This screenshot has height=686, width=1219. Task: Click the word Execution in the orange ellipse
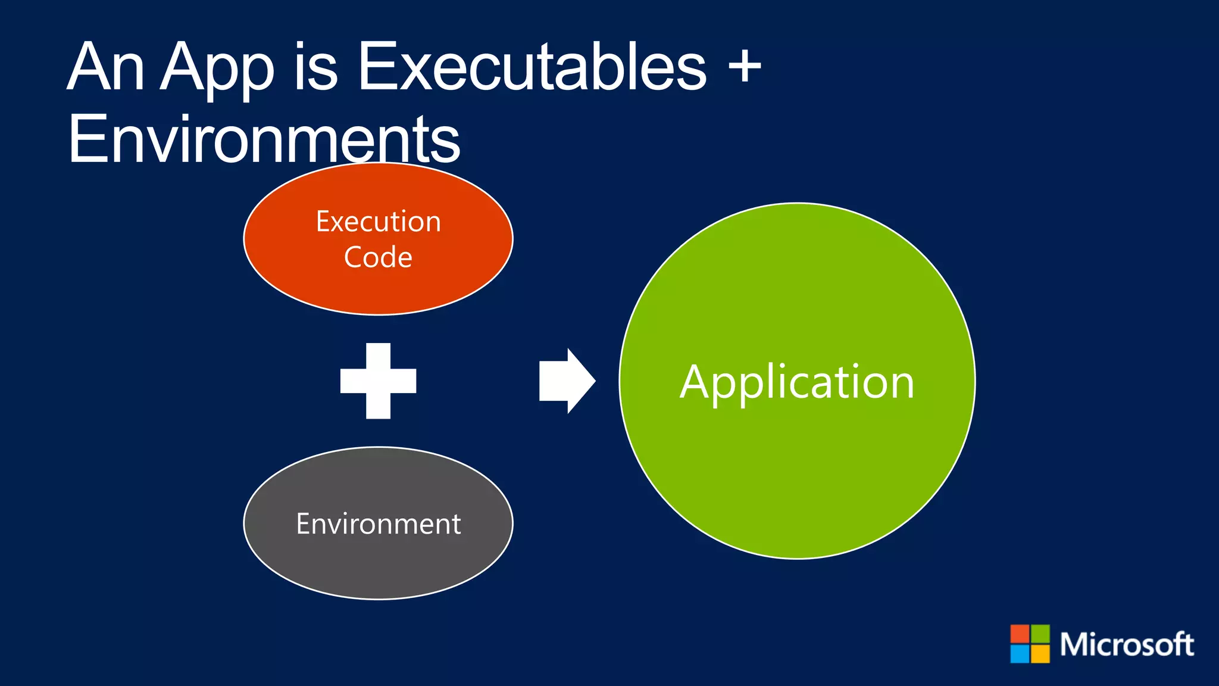coord(379,222)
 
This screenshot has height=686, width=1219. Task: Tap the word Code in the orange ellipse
coord(378,257)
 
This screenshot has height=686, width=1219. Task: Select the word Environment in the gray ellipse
coord(379,524)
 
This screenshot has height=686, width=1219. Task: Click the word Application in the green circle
coord(797,382)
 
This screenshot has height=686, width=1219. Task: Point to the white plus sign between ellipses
coord(378,381)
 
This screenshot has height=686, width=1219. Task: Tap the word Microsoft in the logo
coord(1126,645)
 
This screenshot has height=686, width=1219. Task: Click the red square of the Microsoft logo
coord(1020,634)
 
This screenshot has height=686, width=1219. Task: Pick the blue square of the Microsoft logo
coord(1020,654)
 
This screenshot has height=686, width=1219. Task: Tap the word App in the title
coord(217,68)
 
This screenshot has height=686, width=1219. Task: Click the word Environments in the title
coord(264,140)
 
